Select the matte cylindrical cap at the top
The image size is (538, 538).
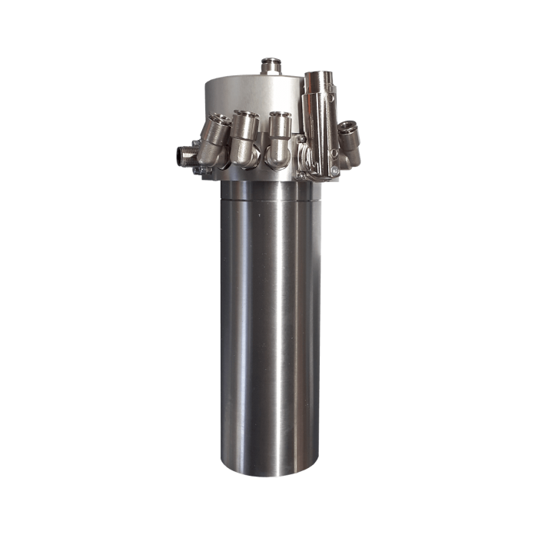coord(246,92)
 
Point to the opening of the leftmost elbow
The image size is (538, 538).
coord(215,122)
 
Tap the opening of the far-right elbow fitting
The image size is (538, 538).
coord(353,126)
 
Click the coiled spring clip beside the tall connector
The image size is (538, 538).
coord(305,154)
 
